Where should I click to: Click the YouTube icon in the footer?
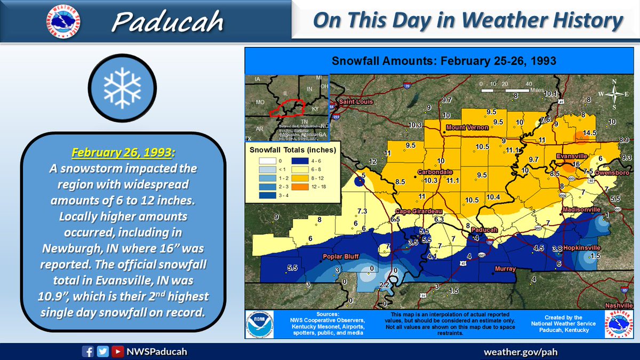pyautogui.click(x=117, y=351)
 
